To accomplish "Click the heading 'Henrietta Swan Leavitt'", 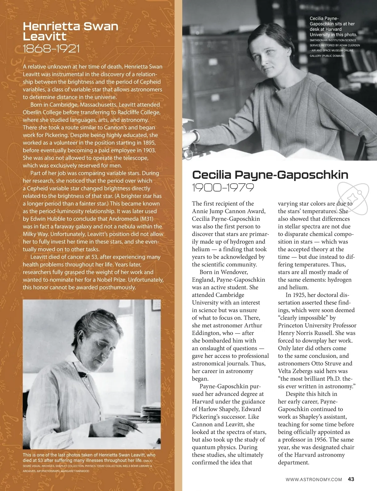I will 70,31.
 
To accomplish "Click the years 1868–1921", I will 51,48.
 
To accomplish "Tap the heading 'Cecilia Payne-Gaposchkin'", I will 270,174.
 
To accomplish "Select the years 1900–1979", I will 223,188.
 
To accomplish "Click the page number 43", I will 351,479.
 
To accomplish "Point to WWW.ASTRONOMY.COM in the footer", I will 314,479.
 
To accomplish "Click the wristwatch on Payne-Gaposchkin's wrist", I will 197,136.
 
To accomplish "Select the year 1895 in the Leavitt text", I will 149,143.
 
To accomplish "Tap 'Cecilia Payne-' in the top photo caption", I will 324,19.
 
